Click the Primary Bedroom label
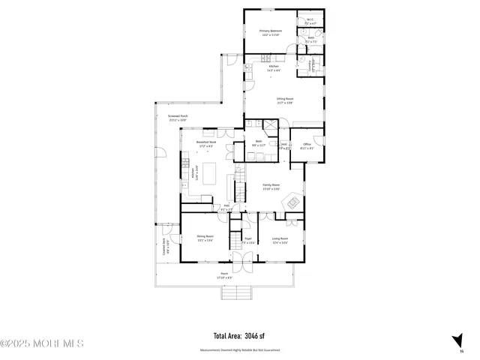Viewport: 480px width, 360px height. tap(271, 31)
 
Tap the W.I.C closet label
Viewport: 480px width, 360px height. tap(310, 20)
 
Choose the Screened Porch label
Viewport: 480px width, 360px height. tap(178, 116)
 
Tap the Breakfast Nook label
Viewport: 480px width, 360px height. tap(205, 142)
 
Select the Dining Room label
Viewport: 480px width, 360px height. tap(205, 238)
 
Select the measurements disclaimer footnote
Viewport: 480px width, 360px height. tap(239, 349)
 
